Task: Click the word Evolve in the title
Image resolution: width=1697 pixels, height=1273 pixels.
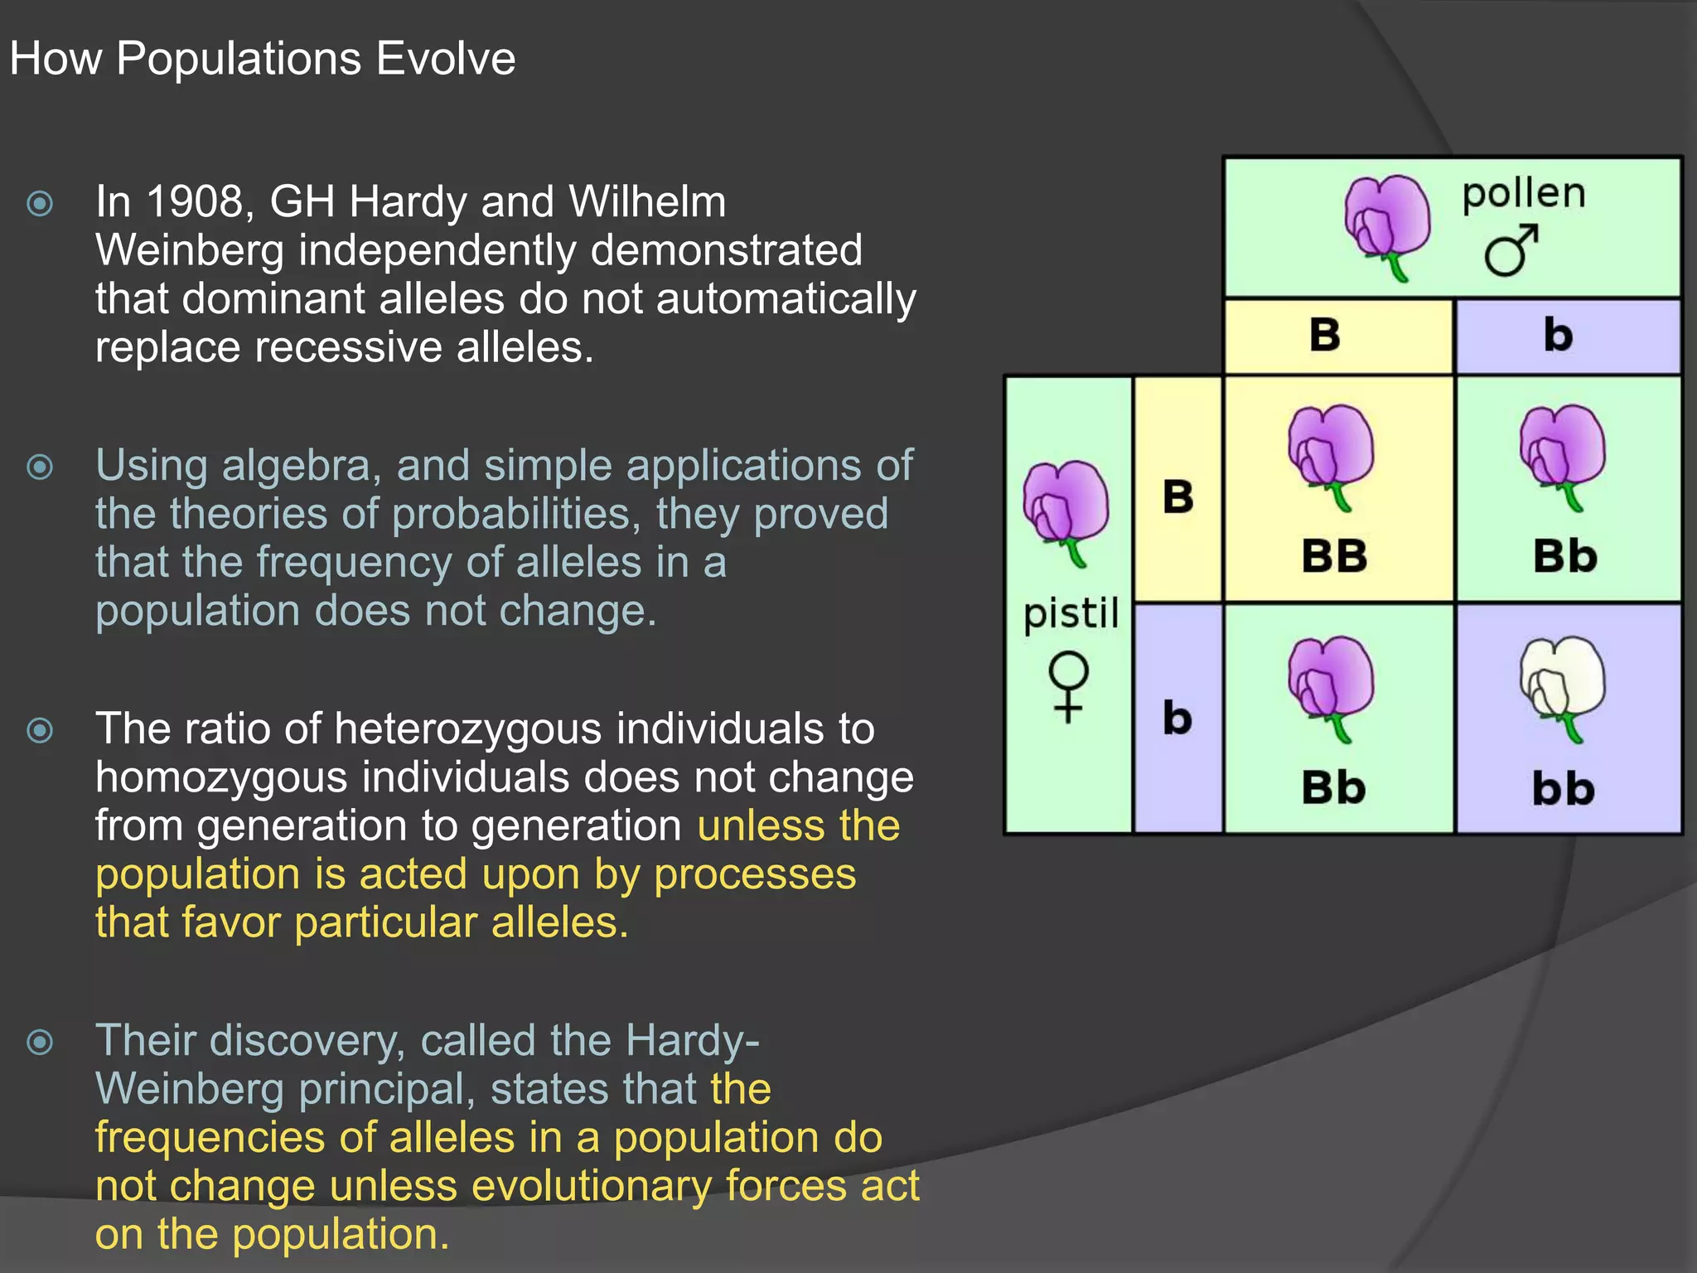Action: [445, 60]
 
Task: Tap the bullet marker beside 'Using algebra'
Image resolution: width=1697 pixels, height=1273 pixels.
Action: [40, 467]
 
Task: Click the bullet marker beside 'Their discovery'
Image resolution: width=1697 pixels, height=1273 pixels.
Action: [40, 1042]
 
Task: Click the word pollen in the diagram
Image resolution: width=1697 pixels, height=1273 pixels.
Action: [1523, 196]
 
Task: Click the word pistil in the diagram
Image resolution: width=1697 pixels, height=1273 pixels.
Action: [1071, 615]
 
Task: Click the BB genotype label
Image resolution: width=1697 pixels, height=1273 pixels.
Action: [1334, 556]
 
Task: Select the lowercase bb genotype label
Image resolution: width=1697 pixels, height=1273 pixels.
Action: [1563, 789]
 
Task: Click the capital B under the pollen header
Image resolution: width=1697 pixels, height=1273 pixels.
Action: [1325, 336]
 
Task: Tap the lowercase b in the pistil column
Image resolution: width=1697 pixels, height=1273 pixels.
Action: [1177, 718]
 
